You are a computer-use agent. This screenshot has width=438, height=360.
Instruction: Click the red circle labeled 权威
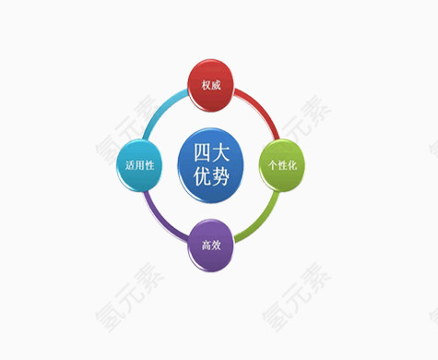point(211,84)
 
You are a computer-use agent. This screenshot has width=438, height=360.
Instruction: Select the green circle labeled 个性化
point(281,164)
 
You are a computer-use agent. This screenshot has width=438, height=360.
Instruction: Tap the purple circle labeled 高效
point(210,245)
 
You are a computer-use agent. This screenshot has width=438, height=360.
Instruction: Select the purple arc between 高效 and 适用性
point(161,220)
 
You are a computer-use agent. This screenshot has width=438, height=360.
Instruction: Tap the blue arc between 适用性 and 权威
point(163,108)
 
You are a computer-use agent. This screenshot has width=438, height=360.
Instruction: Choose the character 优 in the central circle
point(200,175)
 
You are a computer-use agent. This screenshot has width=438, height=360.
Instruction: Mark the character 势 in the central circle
point(220,175)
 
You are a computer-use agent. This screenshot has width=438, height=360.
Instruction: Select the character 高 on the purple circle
point(205,246)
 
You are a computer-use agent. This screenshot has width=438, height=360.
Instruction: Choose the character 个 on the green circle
point(270,165)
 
